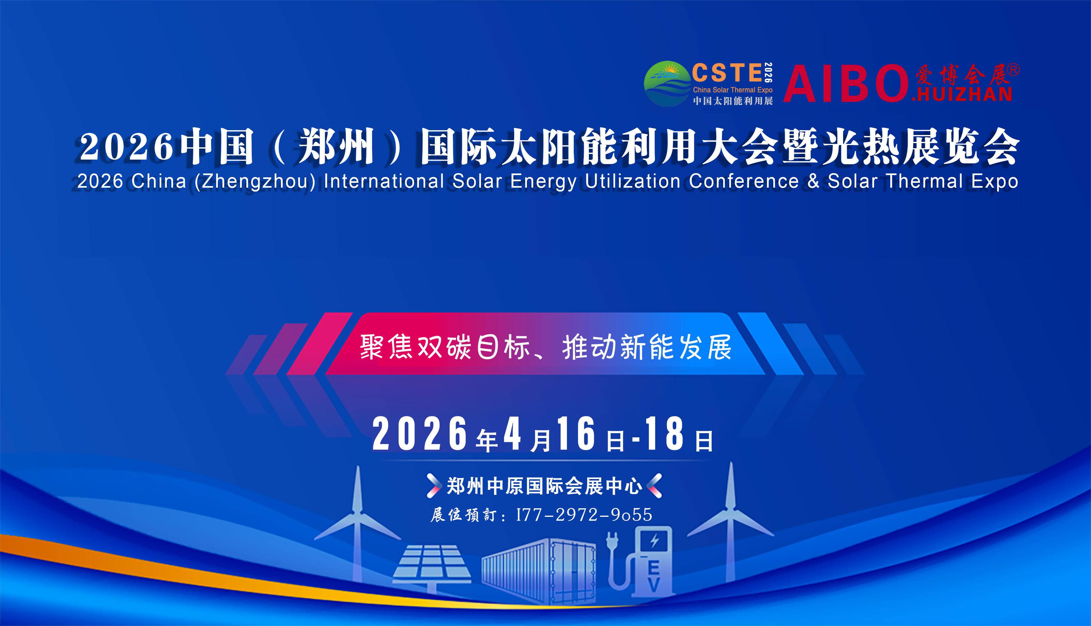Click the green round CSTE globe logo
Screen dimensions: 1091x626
pos(667,83)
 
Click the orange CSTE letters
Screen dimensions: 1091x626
pos(727,73)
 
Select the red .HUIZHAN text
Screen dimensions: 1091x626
pos(961,94)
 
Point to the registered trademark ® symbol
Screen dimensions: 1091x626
pos(1013,70)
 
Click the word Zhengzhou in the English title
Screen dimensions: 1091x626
pos(255,182)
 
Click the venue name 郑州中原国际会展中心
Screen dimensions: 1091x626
pos(544,486)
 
